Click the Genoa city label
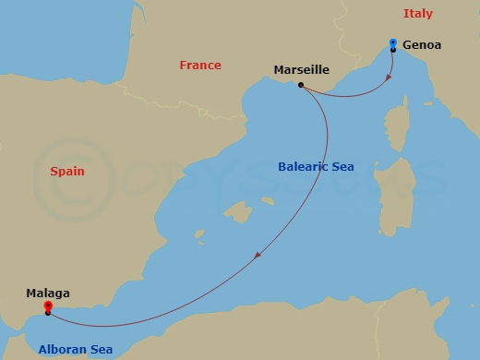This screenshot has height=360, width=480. coord(422,44)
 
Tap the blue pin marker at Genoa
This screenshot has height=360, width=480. coord(393,42)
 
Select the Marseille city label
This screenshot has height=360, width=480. coord(302,69)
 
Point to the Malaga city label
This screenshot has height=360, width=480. coord(48,294)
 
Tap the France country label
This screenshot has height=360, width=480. coord(200,66)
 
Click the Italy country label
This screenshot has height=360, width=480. coord(417,14)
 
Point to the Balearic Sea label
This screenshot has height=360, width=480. coord(316,167)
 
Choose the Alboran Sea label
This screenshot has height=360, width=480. coord(75,350)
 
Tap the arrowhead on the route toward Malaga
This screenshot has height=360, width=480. coord(258,255)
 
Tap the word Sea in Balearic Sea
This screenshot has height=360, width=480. coord(341,167)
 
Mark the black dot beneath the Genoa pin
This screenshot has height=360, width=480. coord(393,50)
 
